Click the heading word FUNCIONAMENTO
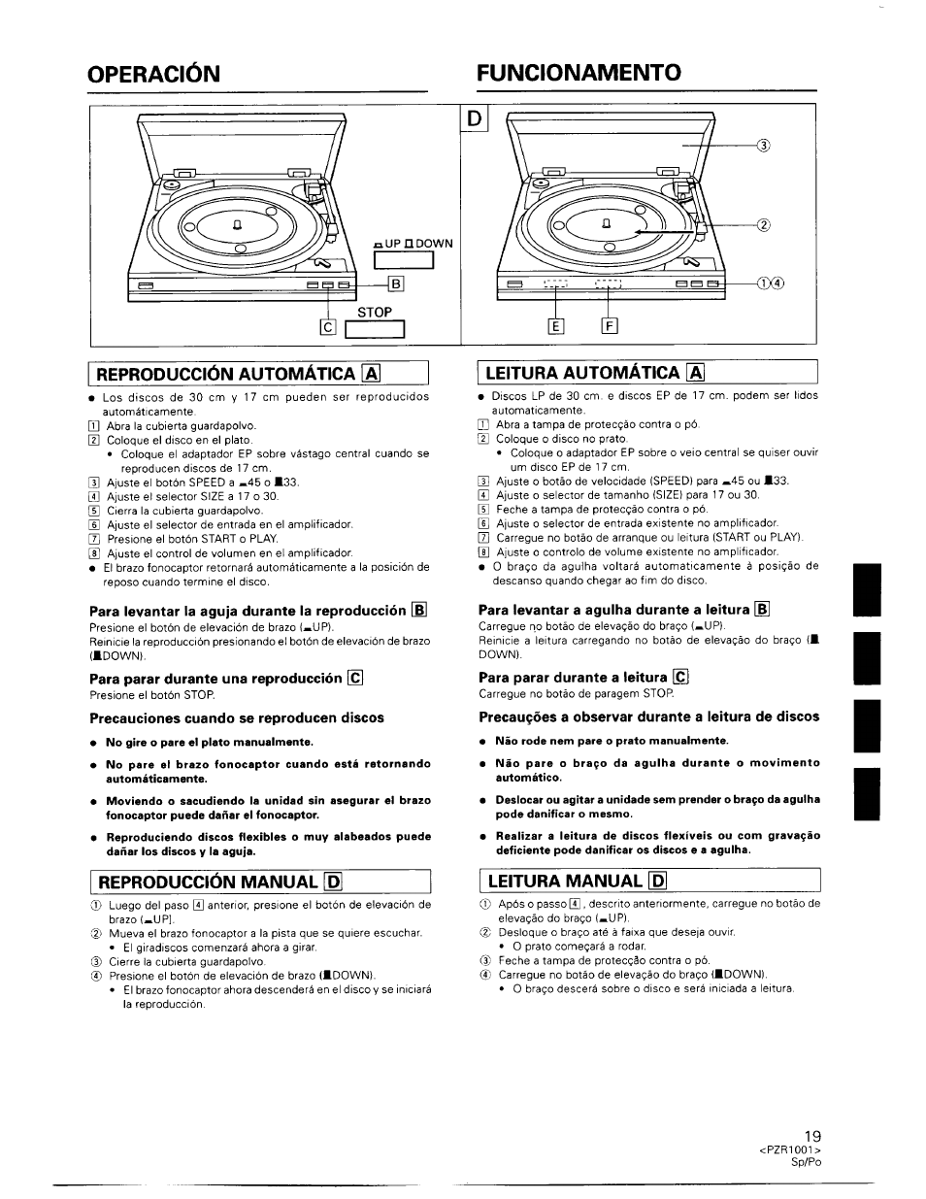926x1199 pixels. (579, 74)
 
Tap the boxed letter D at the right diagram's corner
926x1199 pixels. (476, 119)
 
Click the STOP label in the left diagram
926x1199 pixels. (375, 313)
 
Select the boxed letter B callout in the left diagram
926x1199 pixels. (395, 284)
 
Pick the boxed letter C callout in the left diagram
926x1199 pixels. (327, 328)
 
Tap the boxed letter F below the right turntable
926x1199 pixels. (610, 326)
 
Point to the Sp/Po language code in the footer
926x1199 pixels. (807, 1162)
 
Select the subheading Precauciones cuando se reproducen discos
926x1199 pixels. (237, 718)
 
